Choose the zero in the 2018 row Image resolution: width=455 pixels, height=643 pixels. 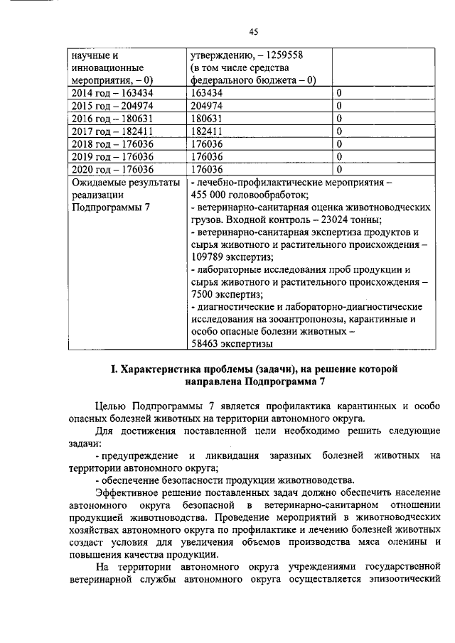[x=339, y=144]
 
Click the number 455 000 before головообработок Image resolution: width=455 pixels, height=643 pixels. [x=213, y=195]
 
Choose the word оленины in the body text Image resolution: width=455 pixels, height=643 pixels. [x=399, y=545]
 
